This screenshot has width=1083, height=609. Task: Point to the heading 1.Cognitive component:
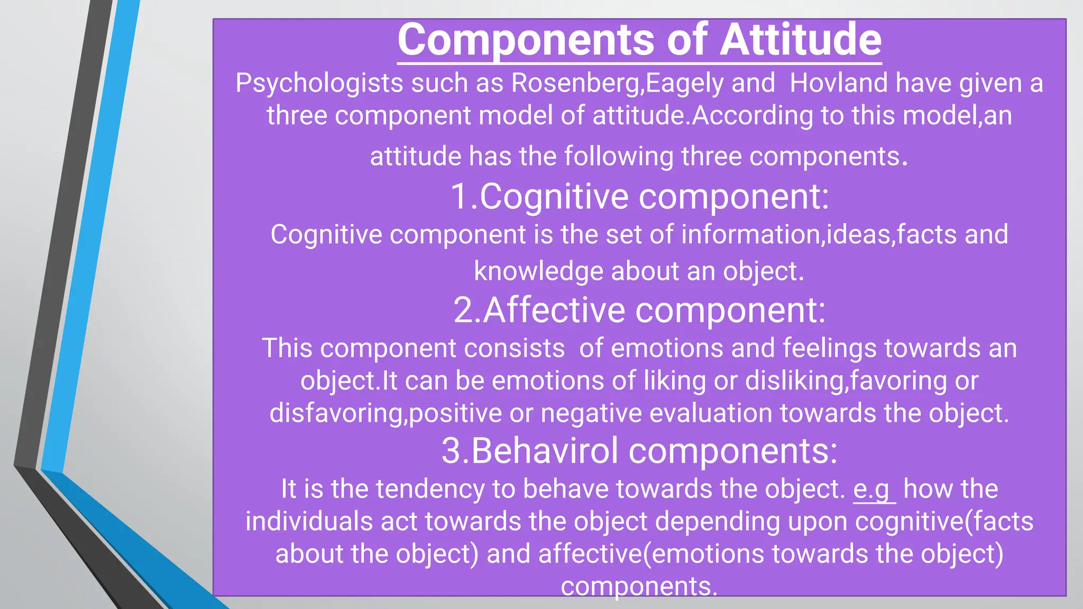tap(639, 197)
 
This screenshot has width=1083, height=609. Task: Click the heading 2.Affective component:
tap(639, 310)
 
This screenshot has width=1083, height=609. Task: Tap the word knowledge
tap(538, 272)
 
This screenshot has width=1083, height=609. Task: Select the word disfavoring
tap(336, 413)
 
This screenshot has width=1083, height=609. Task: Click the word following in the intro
tap(618, 157)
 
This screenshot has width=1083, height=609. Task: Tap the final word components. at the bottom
tap(639, 586)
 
